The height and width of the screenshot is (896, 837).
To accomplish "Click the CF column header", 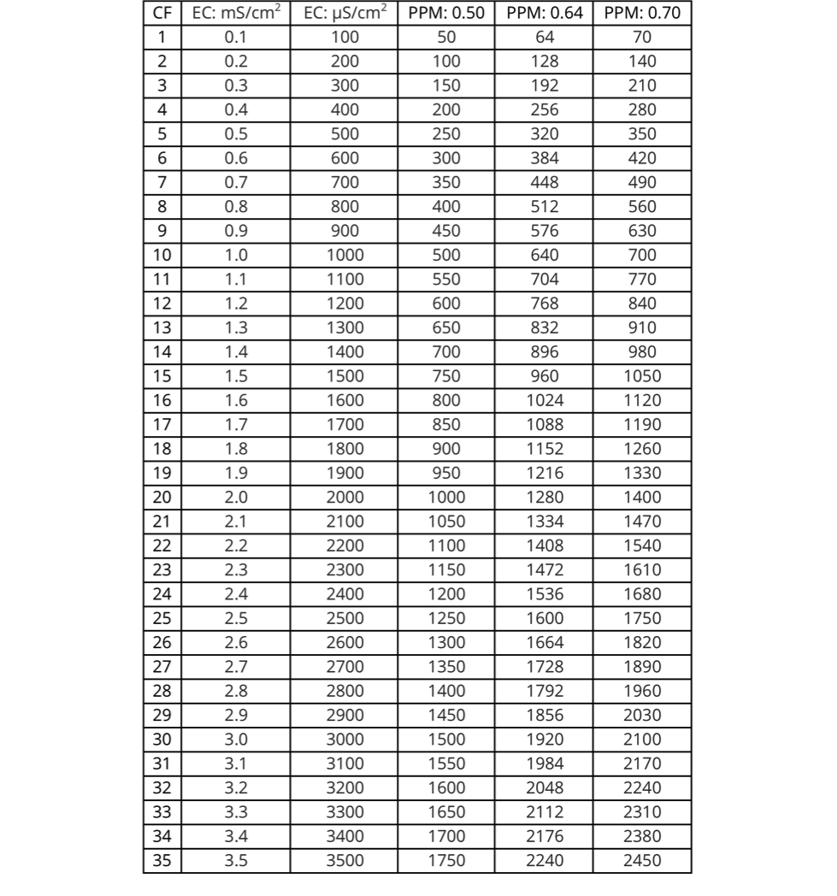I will pyautogui.click(x=162, y=15).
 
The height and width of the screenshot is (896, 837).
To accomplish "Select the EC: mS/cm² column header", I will pyautogui.click(x=236, y=15).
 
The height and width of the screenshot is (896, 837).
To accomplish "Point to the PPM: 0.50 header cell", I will pyautogui.click(x=446, y=15).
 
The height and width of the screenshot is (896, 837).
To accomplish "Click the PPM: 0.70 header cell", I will pyautogui.click(x=641, y=15).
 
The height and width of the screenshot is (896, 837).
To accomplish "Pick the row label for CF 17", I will pyautogui.click(x=162, y=424).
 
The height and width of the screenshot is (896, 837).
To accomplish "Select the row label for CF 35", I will pyautogui.click(x=162, y=860).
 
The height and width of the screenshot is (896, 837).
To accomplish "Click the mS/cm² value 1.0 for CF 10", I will pyautogui.click(x=236, y=255).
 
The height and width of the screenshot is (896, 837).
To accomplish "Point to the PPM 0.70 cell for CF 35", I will pyautogui.click(x=641, y=860).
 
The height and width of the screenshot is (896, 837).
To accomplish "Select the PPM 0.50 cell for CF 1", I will pyautogui.click(x=446, y=37).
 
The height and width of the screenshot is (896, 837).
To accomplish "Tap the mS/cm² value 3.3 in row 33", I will pyautogui.click(x=236, y=811).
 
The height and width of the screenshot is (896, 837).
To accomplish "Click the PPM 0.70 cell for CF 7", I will pyautogui.click(x=641, y=182).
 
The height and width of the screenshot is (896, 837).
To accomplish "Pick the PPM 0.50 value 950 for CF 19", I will pyautogui.click(x=446, y=473).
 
